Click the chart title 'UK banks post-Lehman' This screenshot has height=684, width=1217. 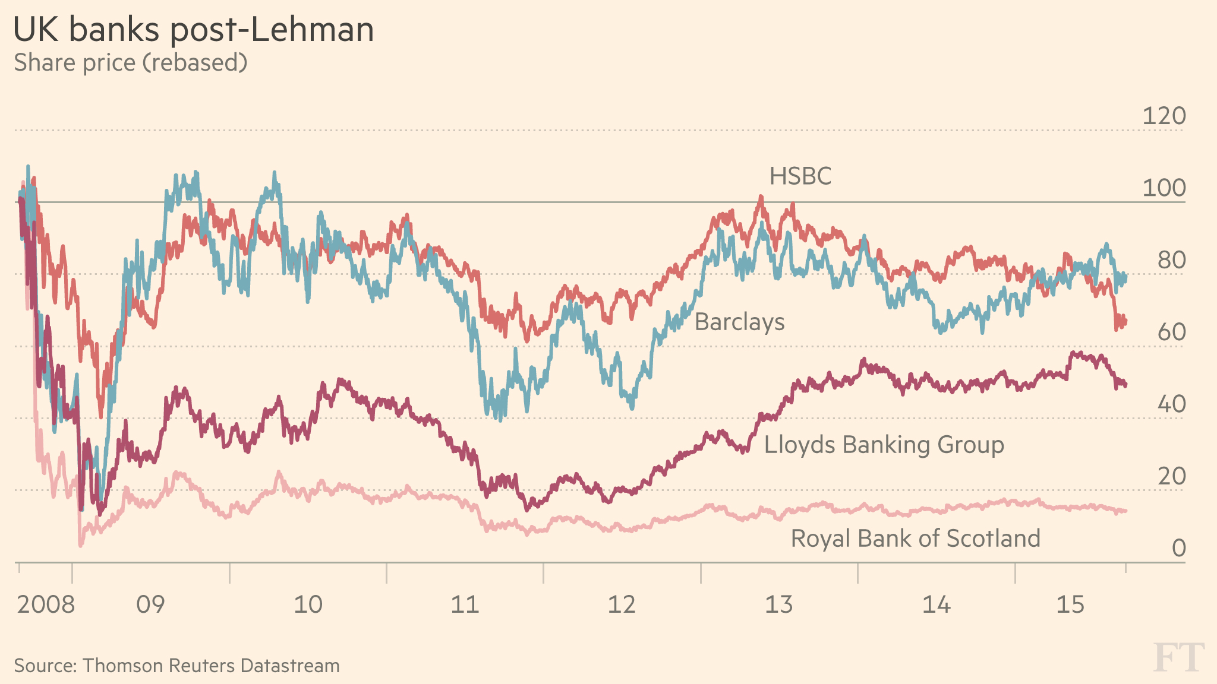[194, 30]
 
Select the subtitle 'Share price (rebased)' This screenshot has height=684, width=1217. [130, 62]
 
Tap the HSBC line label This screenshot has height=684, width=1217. [800, 176]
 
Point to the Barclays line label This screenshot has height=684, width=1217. [739, 322]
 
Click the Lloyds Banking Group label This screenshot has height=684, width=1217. [884, 445]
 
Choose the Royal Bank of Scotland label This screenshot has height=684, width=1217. [915, 539]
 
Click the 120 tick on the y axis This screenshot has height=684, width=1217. [1164, 116]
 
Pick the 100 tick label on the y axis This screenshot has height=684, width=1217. [1164, 188]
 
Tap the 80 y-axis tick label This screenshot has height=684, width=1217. [1171, 261]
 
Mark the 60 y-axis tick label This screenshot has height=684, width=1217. [1171, 332]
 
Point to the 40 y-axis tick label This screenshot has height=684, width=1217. [1171, 404]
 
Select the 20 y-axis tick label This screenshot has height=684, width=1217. [1171, 476]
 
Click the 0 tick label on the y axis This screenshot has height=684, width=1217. [1178, 548]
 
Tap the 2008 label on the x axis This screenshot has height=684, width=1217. [46, 605]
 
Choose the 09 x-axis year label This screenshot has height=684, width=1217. [150, 605]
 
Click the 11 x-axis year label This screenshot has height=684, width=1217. [465, 605]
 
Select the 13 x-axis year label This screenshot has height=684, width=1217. [778, 605]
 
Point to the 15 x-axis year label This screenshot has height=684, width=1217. [1070, 605]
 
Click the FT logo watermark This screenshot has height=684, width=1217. [1179, 658]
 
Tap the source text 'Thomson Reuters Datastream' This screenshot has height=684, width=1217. [211, 666]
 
